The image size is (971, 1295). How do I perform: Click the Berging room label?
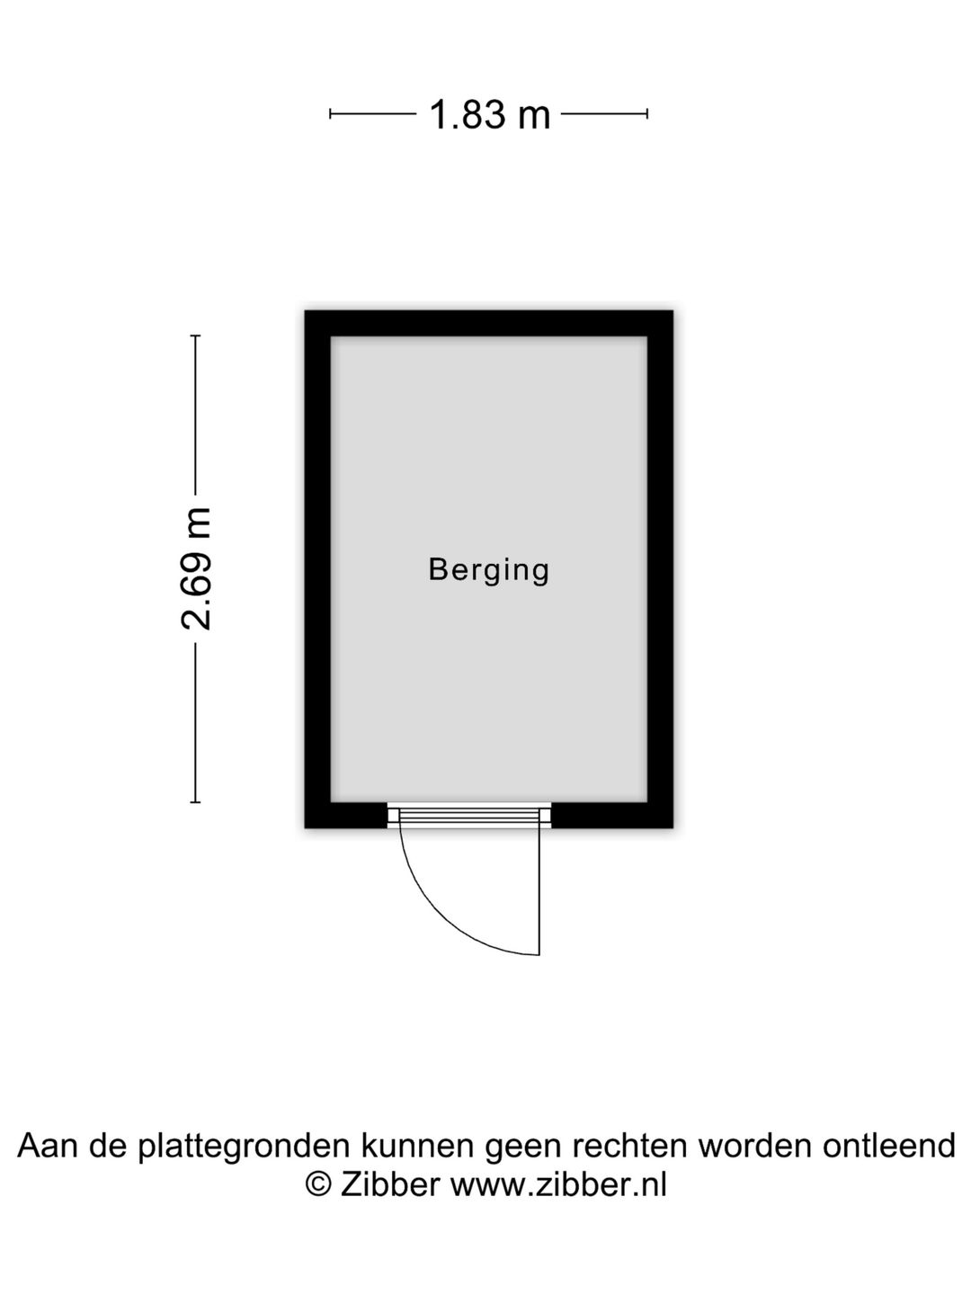pyautogui.click(x=489, y=570)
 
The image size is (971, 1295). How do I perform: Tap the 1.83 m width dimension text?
pyautogui.click(x=489, y=114)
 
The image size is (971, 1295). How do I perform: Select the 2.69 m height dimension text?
pyautogui.click(x=196, y=568)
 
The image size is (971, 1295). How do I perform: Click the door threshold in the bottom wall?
pyautogui.click(x=469, y=815)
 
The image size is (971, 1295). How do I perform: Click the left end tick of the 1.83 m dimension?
pyautogui.click(x=330, y=114)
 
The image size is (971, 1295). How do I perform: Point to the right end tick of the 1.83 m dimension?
pyautogui.click(x=647, y=114)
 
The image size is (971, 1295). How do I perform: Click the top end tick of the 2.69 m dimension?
pyautogui.click(x=195, y=335)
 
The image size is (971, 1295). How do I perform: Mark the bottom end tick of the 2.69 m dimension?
pyautogui.click(x=195, y=802)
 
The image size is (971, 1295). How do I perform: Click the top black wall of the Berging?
pyautogui.click(x=489, y=324)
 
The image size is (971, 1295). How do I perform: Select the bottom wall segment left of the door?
pyautogui.click(x=346, y=815)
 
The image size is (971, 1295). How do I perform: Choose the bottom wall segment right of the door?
pyautogui.click(x=612, y=815)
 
